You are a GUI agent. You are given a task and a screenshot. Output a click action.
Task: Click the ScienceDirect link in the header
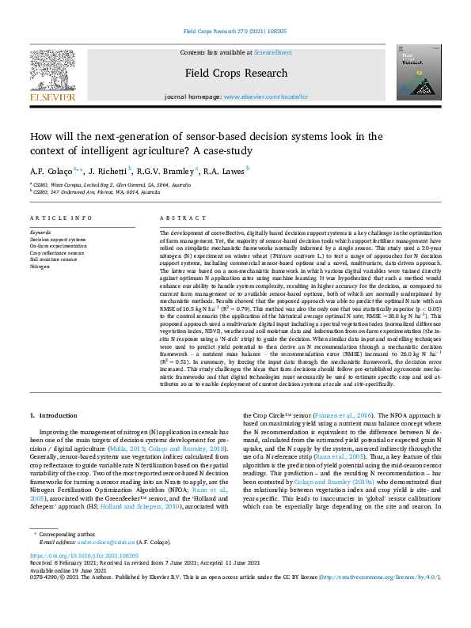pyautogui.click(x=269, y=51)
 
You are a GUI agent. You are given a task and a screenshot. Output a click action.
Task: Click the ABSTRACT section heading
pyautogui.click(x=177, y=218)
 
